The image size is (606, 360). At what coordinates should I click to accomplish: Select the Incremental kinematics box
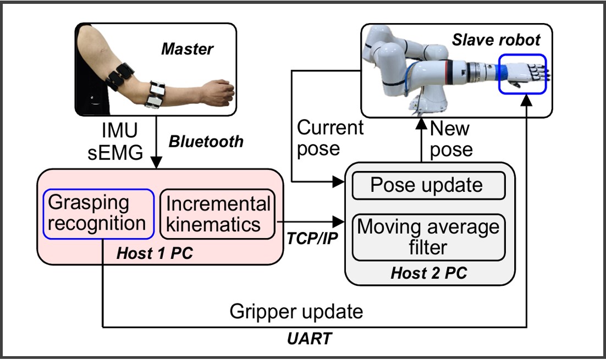[218, 214]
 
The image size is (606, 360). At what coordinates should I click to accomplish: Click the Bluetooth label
[206, 141]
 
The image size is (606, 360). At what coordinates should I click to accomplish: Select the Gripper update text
[296, 312]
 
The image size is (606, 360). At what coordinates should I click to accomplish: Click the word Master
[187, 50]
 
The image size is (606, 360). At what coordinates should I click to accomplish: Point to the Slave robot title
[496, 40]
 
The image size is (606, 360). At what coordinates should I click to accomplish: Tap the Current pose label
[330, 139]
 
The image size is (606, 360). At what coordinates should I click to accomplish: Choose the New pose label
[450, 139]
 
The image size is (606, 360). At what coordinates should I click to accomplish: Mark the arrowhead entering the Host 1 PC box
[157, 164]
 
